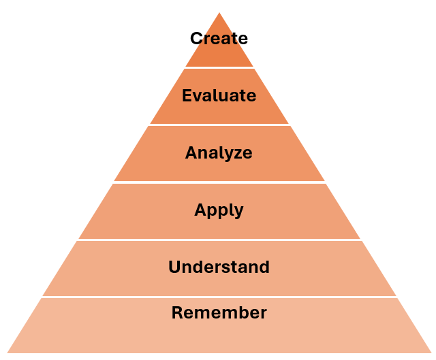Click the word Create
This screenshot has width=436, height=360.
coord(219,38)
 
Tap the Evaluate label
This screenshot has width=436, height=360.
coord(219,95)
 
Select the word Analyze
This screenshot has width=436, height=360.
coord(219,152)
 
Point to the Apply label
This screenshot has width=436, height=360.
coord(219,210)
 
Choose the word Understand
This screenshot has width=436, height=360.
coord(219,267)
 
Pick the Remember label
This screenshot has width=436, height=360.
coord(219,313)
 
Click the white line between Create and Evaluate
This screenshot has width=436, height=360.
coord(219,67)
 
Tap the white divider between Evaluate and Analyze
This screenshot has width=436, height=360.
coord(219,125)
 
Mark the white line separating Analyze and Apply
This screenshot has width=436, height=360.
coord(219,182)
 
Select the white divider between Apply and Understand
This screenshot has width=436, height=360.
coord(219,240)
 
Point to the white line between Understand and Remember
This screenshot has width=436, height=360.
coord(219,297)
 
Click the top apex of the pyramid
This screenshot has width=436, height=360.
coord(219,12)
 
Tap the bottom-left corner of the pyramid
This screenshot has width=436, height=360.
coord(7,353)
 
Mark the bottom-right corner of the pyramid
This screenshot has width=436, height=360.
coord(431,353)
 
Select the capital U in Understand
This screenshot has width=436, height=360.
coord(174,267)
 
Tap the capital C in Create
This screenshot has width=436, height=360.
coord(196,38)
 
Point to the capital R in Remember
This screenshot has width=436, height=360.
coord(177,313)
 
